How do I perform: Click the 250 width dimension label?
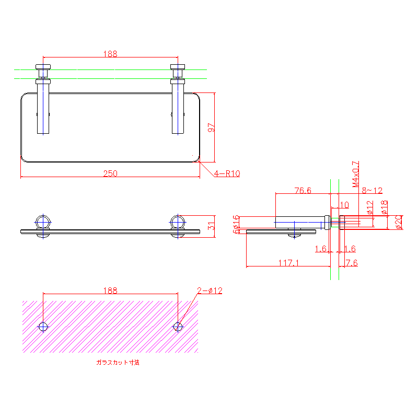point(110,173)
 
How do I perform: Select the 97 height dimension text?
point(211,127)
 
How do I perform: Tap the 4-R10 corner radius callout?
point(226,173)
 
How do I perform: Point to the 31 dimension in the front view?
point(211,226)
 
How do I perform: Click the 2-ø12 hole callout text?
point(210,291)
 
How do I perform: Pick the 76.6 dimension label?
point(303,191)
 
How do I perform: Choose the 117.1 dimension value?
point(288,263)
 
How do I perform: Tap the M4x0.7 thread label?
point(355,174)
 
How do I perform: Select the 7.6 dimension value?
point(352,263)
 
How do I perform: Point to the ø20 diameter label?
point(398,222)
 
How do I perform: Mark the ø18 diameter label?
point(385,208)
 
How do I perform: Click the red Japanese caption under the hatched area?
point(118,362)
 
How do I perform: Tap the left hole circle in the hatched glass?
point(43,327)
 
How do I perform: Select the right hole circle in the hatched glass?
point(178,327)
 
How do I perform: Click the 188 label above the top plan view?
point(110,53)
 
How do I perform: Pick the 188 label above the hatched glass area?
point(110,290)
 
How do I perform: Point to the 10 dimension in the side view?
point(345,204)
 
